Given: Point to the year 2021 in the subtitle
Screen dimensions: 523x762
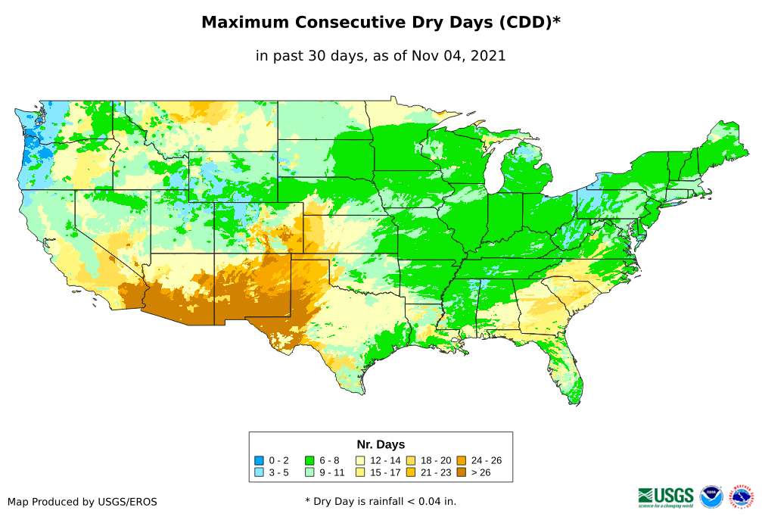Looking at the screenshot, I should click(x=487, y=55).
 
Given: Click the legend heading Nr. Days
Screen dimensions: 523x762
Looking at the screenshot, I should click(x=381, y=444).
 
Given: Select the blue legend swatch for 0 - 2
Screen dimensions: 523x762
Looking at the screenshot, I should click(x=259, y=460).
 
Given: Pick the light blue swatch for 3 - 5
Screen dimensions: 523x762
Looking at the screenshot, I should click(x=259, y=472).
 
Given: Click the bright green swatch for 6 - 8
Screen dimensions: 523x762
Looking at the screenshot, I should click(x=309, y=460).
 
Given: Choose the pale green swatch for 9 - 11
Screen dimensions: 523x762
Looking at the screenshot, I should click(x=309, y=472).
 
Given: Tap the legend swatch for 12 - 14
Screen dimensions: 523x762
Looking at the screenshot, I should click(x=361, y=460).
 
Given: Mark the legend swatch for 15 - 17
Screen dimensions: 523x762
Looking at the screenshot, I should click(x=361, y=472).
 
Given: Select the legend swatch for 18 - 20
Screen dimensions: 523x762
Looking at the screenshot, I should click(x=411, y=460).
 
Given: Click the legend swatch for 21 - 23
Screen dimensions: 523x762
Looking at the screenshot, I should click(x=411, y=472).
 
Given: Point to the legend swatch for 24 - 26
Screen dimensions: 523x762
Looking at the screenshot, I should click(x=461, y=460).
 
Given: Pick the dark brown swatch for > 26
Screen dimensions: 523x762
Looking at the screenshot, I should click(x=461, y=472).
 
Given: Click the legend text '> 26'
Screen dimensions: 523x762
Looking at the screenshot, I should click(x=481, y=472).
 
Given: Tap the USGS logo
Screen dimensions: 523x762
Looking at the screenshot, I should click(x=666, y=497).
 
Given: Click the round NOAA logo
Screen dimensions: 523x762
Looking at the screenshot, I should click(x=711, y=497).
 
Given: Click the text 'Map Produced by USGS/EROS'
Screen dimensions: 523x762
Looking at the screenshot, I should click(x=82, y=502).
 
